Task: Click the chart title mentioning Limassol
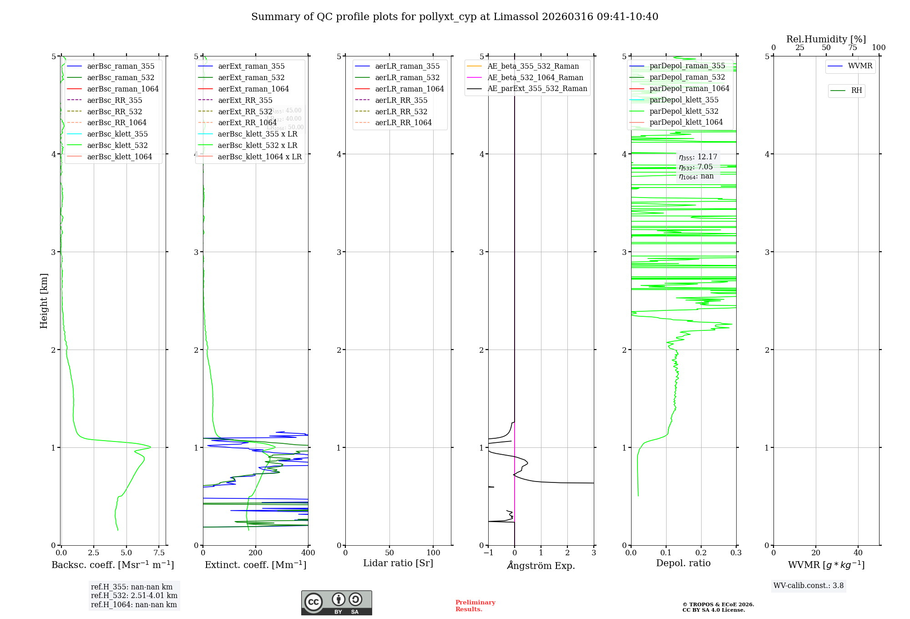pyautogui.click(x=455, y=17)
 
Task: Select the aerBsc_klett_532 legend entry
pyautogui.click(x=117, y=145)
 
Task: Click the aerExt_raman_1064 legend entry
pyautogui.click(x=253, y=89)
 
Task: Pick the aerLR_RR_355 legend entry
pyautogui.click(x=401, y=100)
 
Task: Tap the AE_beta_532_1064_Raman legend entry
pyautogui.click(x=535, y=77)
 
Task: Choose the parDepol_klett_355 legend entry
pyautogui.click(x=684, y=100)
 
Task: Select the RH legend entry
pyautogui.click(x=856, y=91)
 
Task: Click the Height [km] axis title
pyautogui.click(x=44, y=301)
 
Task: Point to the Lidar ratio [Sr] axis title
pyautogui.click(x=398, y=563)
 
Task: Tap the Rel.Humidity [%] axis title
pyautogui.click(x=826, y=39)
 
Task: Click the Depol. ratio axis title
pyautogui.click(x=683, y=563)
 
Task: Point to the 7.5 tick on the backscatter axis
pyautogui.click(x=159, y=553)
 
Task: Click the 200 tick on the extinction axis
pyautogui.click(x=256, y=553)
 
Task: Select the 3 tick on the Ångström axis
pyautogui.click(x=594, y=553)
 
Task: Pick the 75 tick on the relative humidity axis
pyautogui.click(x=852, y=48)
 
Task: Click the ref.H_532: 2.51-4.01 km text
pyautogui.click(x=134, y=596)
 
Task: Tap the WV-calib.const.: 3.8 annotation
pyautogui.click(x=809, y=586)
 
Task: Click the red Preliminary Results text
pyautogui.click(x=475, y=606)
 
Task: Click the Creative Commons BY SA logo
pyautogui.click(x=336, y=603)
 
